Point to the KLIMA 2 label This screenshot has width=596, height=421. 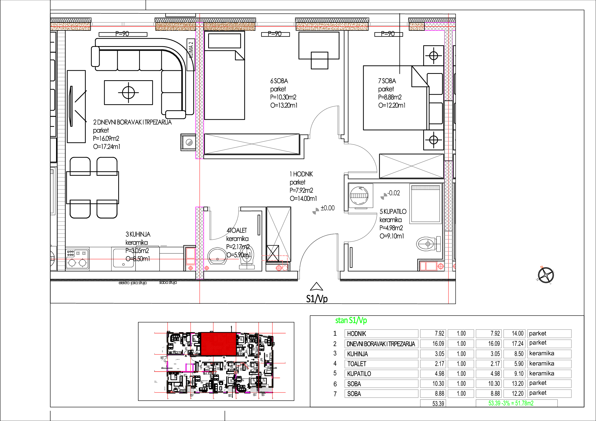[x=191, y=50]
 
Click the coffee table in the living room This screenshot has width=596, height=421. [x=128, y=92]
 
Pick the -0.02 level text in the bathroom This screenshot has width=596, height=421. [x=394, y=193]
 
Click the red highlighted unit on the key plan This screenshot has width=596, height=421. [x=218, y=344]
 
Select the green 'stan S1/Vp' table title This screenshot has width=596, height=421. [x=351, y=320]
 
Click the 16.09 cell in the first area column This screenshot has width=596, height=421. [x=438, y=344]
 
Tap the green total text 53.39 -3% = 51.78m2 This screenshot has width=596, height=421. [x=511, y=403]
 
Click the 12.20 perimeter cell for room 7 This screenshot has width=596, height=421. [x=517, y=393]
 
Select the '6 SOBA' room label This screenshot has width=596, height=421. [x=279, y=81]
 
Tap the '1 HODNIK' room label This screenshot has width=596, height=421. [x=301, y=174]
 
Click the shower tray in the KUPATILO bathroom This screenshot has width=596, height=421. [x=426, y=204]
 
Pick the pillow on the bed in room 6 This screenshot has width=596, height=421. [x=224, y=41]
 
